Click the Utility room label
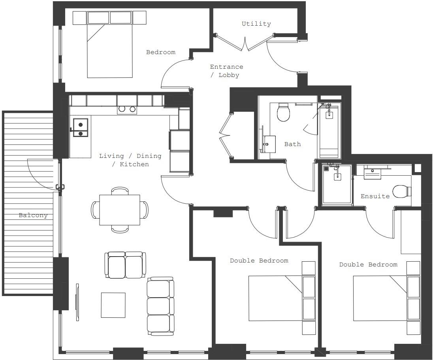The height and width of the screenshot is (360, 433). tap(256, 24)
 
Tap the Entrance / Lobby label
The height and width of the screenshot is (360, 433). tap(226, 71)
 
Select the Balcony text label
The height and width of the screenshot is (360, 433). tap(33, 216)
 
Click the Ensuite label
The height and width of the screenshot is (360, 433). tap(375, 196)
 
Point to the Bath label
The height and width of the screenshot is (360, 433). tap(292, 144)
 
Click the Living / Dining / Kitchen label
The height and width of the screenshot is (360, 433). tap(130, 160)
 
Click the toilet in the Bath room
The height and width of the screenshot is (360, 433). tap(283, 112)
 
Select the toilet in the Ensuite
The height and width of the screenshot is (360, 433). tap(403, 191)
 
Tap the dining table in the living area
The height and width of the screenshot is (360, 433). tap(119, 210)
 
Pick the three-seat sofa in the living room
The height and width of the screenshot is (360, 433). tap(160, 306)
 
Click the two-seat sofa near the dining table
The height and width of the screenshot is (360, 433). tap(125, 265)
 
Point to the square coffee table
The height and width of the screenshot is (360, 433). tap(113, 305)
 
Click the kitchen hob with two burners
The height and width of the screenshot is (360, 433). tap(127, 109)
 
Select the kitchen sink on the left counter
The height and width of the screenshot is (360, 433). tap(80, 129)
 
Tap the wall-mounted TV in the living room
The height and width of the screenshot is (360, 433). tap(77, 302)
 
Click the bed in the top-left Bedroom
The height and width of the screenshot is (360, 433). tap(109, 50)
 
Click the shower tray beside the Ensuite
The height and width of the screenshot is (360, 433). tap(337, 184)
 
